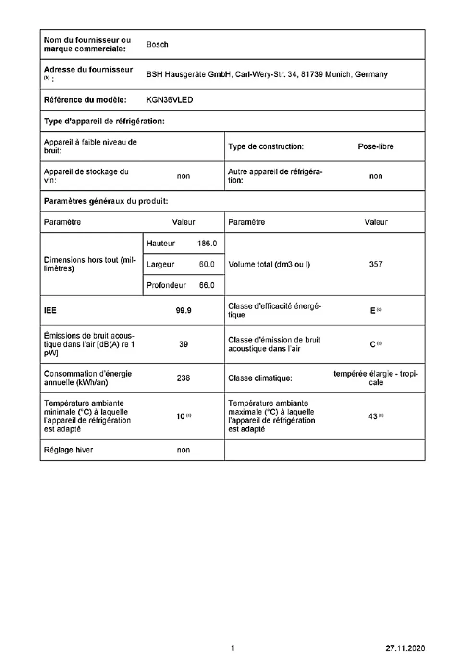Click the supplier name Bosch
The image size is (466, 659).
[157, 44]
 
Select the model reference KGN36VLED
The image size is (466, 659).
[170, 100]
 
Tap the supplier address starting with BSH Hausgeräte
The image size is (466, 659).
[267, 74]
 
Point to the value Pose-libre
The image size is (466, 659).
[375, 146]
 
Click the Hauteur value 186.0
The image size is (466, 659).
[207, 244]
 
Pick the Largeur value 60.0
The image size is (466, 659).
[207, 264]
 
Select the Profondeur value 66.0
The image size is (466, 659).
[207, 285]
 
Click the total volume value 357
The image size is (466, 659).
[376, 264]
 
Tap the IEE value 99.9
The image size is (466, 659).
[184, 310]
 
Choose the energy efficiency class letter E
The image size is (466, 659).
[373, 311]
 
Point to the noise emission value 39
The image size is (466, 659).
[184, 344]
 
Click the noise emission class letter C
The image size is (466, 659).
[373, 344]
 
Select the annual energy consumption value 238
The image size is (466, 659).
[184, 378]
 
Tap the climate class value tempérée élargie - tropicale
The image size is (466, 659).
[376, 378]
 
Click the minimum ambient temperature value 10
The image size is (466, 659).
[181, 416]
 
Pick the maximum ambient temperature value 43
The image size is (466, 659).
[373, 416]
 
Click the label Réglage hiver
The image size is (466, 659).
[68, 450]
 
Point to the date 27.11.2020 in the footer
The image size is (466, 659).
[405, 648]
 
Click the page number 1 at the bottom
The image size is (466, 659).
[233, 648]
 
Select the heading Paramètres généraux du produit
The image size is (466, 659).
[106, 201]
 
